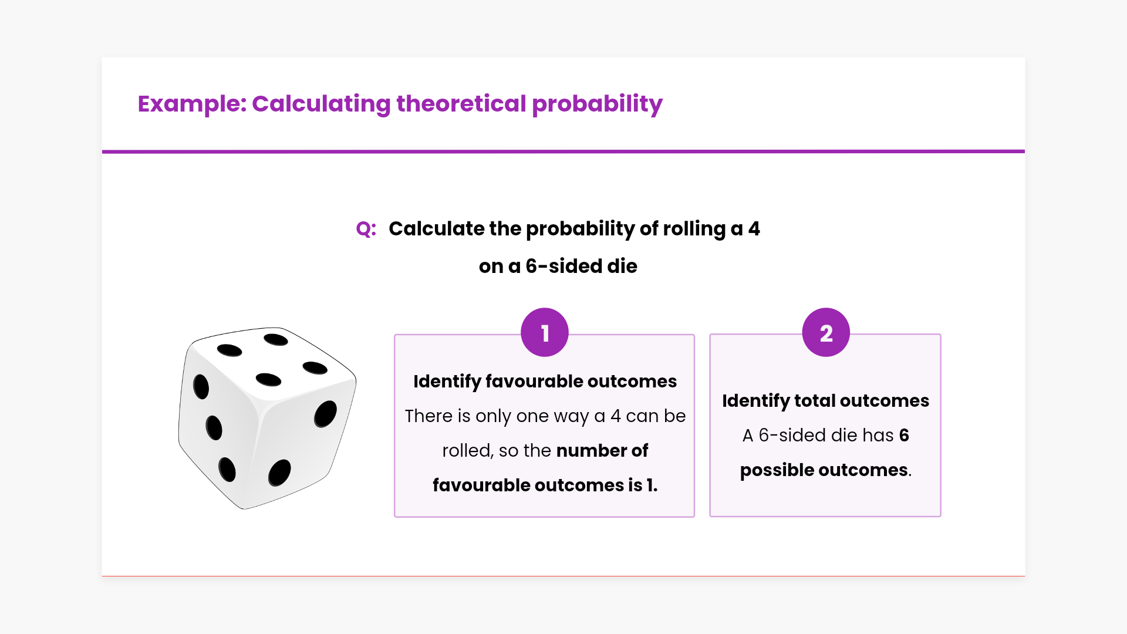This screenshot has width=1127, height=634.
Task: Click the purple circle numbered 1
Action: [545, 332]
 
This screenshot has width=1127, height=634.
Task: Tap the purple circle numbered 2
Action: [826, 332]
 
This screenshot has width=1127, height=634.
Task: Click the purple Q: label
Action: [366, 228]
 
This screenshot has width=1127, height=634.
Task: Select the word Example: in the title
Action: [193, 104]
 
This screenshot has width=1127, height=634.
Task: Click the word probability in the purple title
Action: [597, 104]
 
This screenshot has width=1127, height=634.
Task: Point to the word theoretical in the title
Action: [461, 104]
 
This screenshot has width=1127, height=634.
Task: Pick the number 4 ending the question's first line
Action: [754, 228]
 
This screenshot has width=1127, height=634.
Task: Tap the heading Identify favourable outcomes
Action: [545, 382]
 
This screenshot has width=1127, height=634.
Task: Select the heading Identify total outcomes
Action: [825, 401]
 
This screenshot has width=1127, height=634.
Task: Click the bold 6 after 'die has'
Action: [904, 435]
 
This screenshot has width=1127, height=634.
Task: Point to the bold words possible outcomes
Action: [824, 470]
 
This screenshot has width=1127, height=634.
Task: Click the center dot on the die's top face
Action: [269, 380]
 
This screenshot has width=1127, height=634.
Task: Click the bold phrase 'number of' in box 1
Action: [602, 450]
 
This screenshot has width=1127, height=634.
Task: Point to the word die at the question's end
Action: [622, 266]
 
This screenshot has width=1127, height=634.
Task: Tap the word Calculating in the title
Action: [321, 104]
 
